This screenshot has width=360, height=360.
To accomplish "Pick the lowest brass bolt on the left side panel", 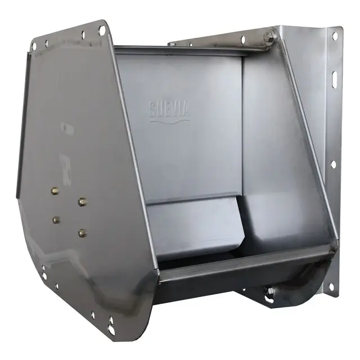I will point(82,232).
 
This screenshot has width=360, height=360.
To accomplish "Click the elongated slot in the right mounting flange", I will point(333,76).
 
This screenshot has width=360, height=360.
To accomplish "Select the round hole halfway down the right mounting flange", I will point(333,165).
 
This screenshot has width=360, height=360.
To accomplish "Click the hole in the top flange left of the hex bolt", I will point(244,40).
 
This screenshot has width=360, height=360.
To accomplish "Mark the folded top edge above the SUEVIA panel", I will point(180,51).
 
